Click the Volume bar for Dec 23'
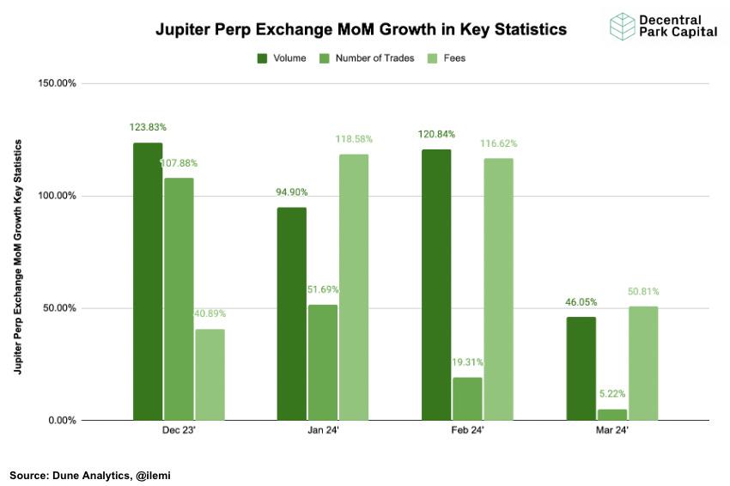coord(148,282)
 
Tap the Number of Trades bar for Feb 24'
coord(467,398)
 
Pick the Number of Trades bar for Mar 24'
coord(612,415)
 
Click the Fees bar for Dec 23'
coord(210,374)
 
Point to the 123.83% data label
coord(149,127)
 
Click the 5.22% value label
coord(612,394)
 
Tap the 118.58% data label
coord(354,139)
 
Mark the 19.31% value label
coord(467,362)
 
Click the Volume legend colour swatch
coord(263,58)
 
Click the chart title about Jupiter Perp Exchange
coord(361,29)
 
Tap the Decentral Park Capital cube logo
coord(622,27)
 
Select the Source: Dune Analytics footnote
coord(90,474)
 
